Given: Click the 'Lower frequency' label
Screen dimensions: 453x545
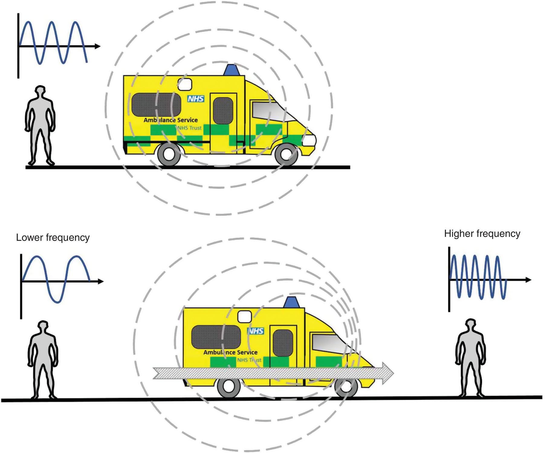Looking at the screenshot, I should (x=53, y=238).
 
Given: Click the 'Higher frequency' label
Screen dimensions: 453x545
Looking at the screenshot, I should (x=482, y=234).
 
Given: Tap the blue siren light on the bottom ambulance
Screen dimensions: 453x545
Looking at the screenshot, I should (x=291, y=302).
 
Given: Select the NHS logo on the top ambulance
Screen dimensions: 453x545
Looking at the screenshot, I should (x=196, y=99).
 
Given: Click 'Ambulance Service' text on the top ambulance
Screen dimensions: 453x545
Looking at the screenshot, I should (x=170, y=120).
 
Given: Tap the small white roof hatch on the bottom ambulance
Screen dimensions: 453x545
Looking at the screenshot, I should (x=245, y=317).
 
